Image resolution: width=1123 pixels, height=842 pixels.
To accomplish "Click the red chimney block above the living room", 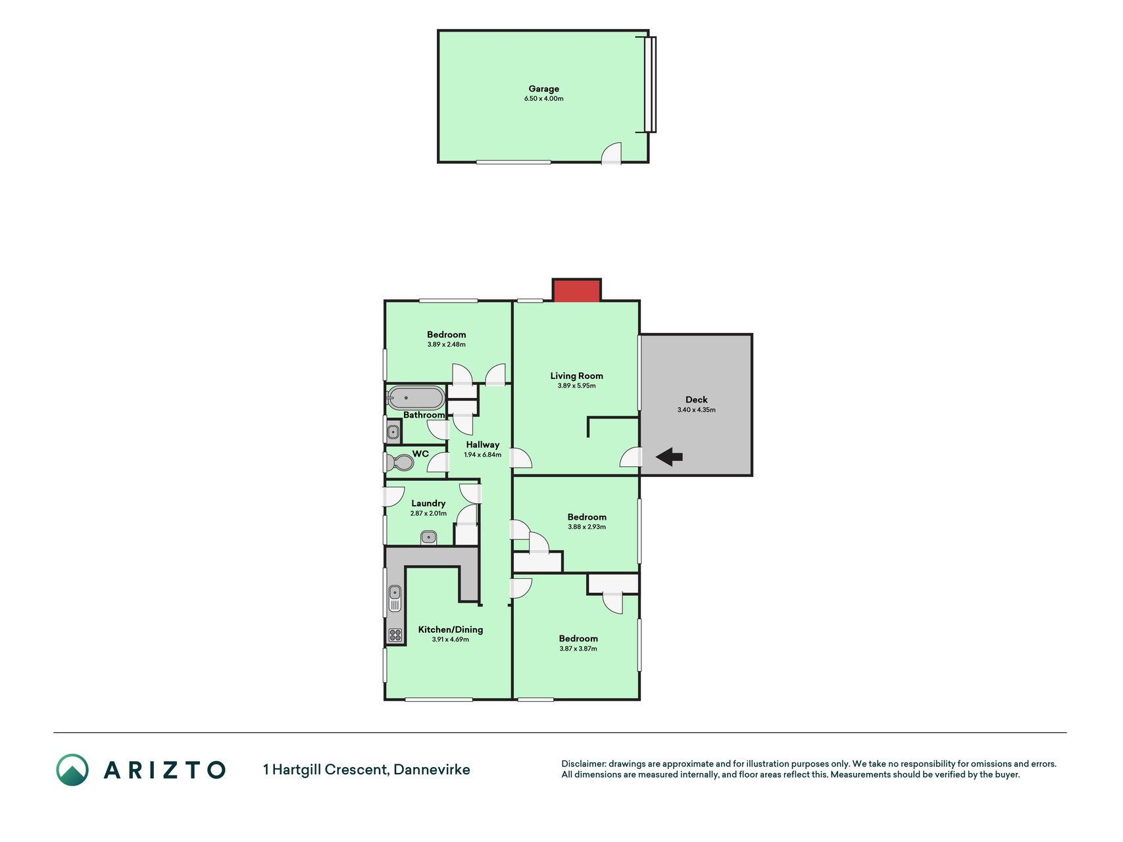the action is point(576,290).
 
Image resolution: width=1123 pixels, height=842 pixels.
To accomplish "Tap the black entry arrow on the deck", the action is point(669,457).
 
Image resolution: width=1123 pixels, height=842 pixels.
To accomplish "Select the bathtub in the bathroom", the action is point(416,399).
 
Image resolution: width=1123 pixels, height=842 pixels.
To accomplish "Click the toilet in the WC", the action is point(401,462).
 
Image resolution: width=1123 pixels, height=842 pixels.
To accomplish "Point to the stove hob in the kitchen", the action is point(395,635).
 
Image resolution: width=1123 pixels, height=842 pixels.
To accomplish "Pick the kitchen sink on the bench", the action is point(395,598).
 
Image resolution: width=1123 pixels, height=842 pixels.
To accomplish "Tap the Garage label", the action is point(544,89).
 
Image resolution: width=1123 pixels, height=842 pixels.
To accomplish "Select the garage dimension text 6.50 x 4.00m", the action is point(544,99).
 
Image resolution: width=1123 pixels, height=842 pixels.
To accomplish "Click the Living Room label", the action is point(576,376).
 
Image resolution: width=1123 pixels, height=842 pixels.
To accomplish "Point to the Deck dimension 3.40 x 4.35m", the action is point(697,410).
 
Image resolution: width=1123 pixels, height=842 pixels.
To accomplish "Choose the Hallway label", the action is point(483,445).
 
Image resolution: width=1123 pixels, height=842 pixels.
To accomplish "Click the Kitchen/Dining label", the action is point(451,630).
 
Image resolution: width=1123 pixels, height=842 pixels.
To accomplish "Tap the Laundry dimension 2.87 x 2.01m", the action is point(428,514).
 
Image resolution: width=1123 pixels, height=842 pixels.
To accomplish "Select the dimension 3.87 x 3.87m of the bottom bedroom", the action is point(578,649).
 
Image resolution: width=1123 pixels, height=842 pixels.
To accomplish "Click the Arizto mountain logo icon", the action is point(72,770).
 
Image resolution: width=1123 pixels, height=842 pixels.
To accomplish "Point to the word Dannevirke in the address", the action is point(432,770).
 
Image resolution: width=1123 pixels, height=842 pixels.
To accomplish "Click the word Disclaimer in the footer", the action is point(583,764).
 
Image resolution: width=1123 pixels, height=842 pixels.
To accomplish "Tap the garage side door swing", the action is point(612,153).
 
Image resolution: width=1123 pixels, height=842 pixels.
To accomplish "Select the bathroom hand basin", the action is point(393,432).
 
